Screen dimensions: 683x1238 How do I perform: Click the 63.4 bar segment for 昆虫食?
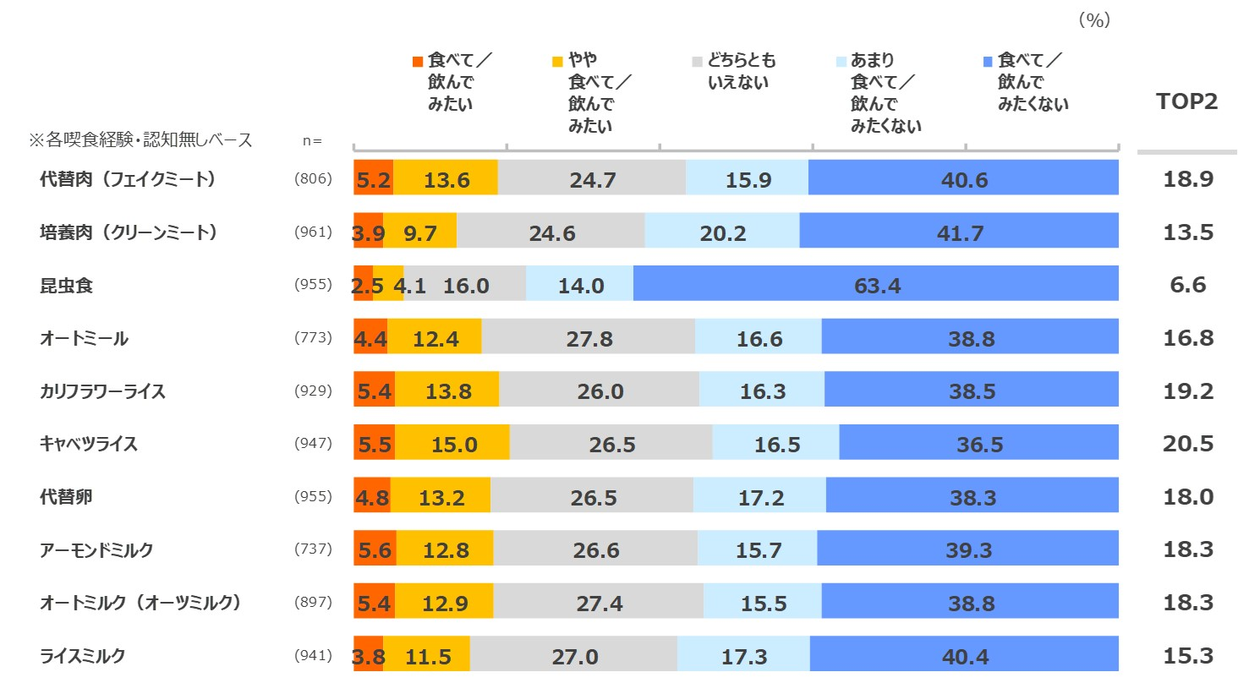(876, 284)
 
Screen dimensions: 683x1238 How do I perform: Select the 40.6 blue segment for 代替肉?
(963, 179)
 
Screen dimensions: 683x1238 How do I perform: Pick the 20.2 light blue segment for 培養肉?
(722, 232)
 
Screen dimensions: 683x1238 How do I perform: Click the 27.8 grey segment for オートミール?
(589, 338)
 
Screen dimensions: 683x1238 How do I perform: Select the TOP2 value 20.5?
(1188, 444)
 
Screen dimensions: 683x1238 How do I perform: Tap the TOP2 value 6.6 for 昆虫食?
(1188, 285)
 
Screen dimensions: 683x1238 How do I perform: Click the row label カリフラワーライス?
(102, 391)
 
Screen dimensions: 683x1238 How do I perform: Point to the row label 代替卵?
(66, 497)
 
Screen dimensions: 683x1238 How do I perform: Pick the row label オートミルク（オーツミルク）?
(141, 603)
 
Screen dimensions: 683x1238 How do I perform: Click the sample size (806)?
(313, 179)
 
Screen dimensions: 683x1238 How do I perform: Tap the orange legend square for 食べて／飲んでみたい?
(417, 62)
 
